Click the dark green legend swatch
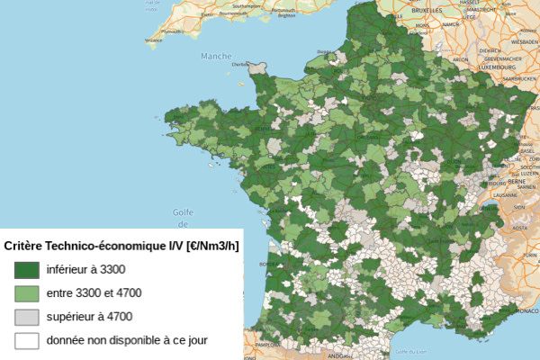pos(26,269)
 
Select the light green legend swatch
pos(26,293)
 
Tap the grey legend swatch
pos(26,317)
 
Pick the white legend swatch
pos(26,341)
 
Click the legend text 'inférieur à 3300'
pos(85,269)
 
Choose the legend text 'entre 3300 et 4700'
pos(94,293)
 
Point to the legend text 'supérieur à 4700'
pos(89,317)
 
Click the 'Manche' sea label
pos(216,56)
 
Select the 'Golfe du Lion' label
pos(414,351)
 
